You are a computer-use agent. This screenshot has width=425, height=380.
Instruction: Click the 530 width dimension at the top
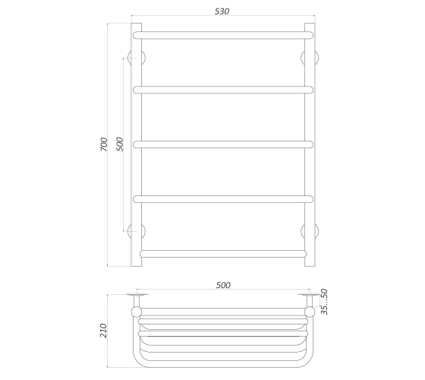[222, 11]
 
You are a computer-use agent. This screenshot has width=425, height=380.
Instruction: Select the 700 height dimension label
[104, 144]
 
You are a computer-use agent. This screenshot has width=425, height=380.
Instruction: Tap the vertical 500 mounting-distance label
[120, 144]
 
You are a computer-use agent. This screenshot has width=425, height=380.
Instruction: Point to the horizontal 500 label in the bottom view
[223, 285]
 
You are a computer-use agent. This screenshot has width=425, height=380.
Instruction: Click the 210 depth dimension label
[103, 331]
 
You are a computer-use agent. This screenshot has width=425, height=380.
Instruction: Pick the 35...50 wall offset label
[324, 302]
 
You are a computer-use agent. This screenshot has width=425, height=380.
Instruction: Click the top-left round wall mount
[137, 58]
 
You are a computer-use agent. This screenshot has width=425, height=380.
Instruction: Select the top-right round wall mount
[310, 58]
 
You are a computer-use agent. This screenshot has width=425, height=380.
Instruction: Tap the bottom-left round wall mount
[137, 231]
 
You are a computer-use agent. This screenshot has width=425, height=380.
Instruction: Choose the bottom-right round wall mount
[310, 231]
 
